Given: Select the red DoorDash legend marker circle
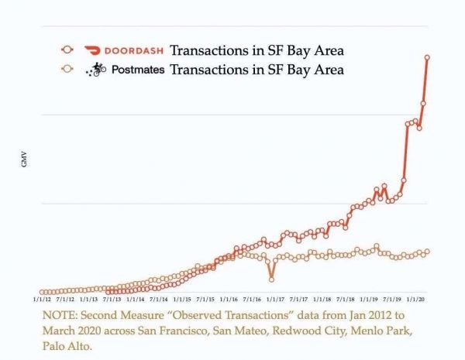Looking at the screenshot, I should point(67,51).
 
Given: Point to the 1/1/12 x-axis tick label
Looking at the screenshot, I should point(43,298).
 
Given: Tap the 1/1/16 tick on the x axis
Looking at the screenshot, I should point(229,298).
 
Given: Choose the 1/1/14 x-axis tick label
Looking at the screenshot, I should point(136,298).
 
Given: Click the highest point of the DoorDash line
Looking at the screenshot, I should point(428,57).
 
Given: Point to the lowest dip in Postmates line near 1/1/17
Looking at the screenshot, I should point(271,279).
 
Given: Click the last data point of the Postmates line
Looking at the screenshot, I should point(428,251).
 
